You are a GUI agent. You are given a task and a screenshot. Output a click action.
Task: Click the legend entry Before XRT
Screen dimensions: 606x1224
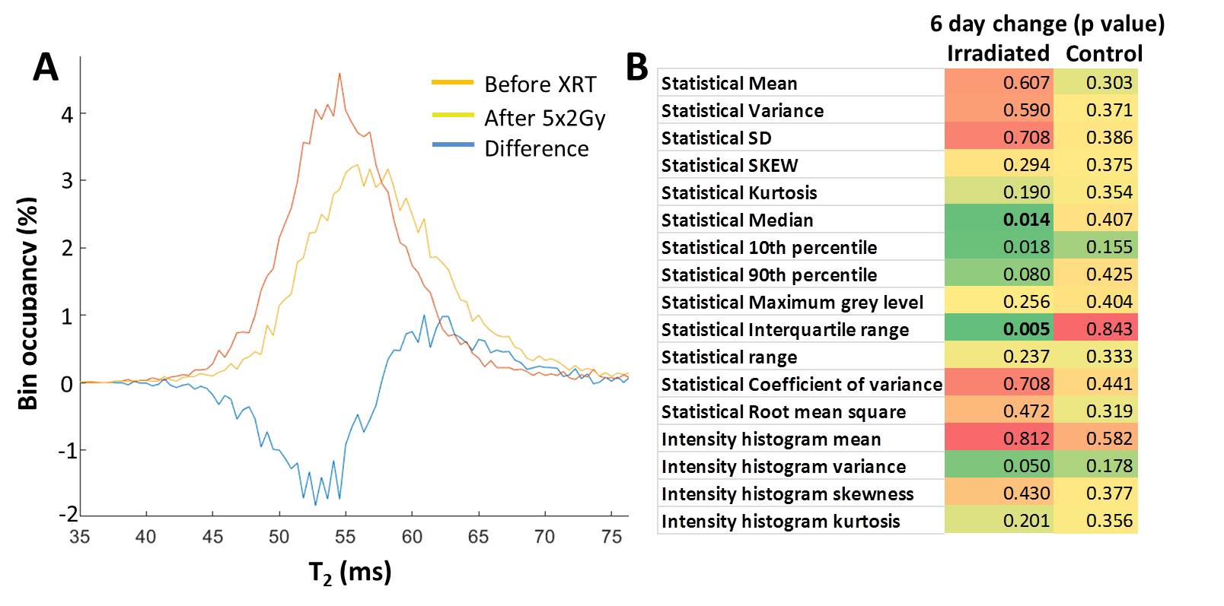[540, 84]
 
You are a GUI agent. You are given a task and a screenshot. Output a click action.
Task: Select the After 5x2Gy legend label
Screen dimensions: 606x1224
[544, 118]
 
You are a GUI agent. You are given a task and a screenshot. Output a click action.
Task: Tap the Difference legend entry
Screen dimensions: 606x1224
[536, 148]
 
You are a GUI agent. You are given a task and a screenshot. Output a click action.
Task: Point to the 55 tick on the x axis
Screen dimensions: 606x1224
[345, 537]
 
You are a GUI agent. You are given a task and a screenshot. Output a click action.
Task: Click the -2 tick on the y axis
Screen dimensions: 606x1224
[68, 514]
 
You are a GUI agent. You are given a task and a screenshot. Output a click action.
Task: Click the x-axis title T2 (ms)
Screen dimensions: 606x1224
[349, 572]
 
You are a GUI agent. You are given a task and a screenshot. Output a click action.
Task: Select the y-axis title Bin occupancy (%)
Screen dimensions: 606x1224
[28, 303]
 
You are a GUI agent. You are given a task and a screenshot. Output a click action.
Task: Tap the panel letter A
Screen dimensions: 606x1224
[45, 68]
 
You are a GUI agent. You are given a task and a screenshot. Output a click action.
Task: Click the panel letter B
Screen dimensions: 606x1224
[636, 68]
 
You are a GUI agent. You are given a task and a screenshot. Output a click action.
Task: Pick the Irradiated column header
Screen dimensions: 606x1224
[998, 53]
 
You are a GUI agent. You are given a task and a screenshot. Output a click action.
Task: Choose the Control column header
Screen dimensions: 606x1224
[1104, 53]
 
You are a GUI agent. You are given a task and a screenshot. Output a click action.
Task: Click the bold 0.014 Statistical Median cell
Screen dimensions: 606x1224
[1026, 220]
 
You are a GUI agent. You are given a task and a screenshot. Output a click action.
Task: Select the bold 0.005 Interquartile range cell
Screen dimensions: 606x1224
[1026, 329]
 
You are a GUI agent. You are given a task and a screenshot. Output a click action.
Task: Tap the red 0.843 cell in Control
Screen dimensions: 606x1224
[1109, 329]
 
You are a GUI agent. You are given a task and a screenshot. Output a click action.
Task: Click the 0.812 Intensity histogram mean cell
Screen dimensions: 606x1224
[1026, 439]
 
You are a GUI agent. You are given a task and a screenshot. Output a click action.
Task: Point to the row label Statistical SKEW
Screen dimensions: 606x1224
[729, 165]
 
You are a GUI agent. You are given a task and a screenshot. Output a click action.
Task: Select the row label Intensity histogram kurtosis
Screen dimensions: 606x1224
[780, 521]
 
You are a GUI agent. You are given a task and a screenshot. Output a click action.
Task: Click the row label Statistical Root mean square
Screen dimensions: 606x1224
[783, 411]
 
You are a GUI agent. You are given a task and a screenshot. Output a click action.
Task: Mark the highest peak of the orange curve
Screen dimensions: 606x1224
[339, 74]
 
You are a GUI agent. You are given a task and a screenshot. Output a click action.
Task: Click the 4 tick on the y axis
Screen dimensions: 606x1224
[68, 114]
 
